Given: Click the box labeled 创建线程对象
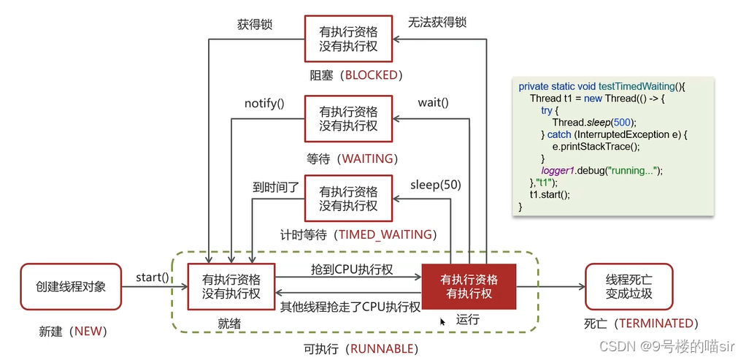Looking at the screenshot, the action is (x=71, y=286).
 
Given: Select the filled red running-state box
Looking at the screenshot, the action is (x=469, y=286).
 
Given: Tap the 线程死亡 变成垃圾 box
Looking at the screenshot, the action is (x=629, y=286).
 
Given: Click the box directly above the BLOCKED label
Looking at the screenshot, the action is (x=348, y=38).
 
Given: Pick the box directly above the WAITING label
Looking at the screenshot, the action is (x=348, y=118).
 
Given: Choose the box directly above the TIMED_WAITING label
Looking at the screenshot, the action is (x=348, y=198).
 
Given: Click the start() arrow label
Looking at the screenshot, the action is (x=153, y=277).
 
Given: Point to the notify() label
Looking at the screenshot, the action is (x=264, y=104).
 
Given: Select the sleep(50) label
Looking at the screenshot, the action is (x=436, y=185).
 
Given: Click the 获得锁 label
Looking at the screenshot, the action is (x=255, y=25).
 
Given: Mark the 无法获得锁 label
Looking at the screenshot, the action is (x=437, y=23).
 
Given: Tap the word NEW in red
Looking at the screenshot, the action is (x=89, y=331).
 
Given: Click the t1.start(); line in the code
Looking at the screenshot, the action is (x=550, y=195).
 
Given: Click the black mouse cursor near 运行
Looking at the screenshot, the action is (x=442, y=322).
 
